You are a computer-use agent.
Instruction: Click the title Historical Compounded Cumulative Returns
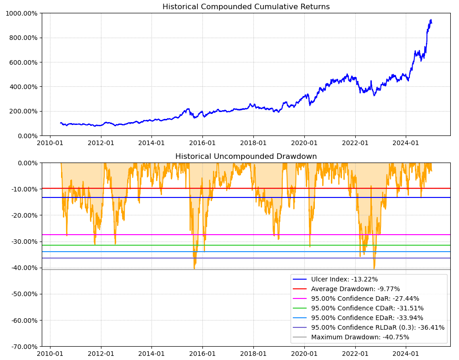click(x=246, y=7)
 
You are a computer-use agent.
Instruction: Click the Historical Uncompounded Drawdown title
click(x=246, y=157)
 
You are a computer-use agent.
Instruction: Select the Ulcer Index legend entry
click(x=344, y=279)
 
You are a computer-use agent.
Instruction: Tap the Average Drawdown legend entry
click(x=355, y=289)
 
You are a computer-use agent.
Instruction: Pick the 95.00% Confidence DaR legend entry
click(x=365, y=298)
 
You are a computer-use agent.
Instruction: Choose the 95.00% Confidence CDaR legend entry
click(x=367, y=308)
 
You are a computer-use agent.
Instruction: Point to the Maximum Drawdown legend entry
click(x=360, y=337)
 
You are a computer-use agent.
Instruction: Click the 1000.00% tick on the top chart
click(x=21, y=13)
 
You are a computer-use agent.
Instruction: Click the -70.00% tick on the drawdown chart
click(x=22, y=347)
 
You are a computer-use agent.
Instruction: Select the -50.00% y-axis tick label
click(x=22, y=294)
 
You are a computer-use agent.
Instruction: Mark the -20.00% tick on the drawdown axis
click(x=22, y=215)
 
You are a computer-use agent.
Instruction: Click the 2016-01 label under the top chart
click(x=202, y=143)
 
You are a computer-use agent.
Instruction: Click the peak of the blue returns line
click(x=431, y=20)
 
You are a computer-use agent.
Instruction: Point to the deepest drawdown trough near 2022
click(x=374, y=269)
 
